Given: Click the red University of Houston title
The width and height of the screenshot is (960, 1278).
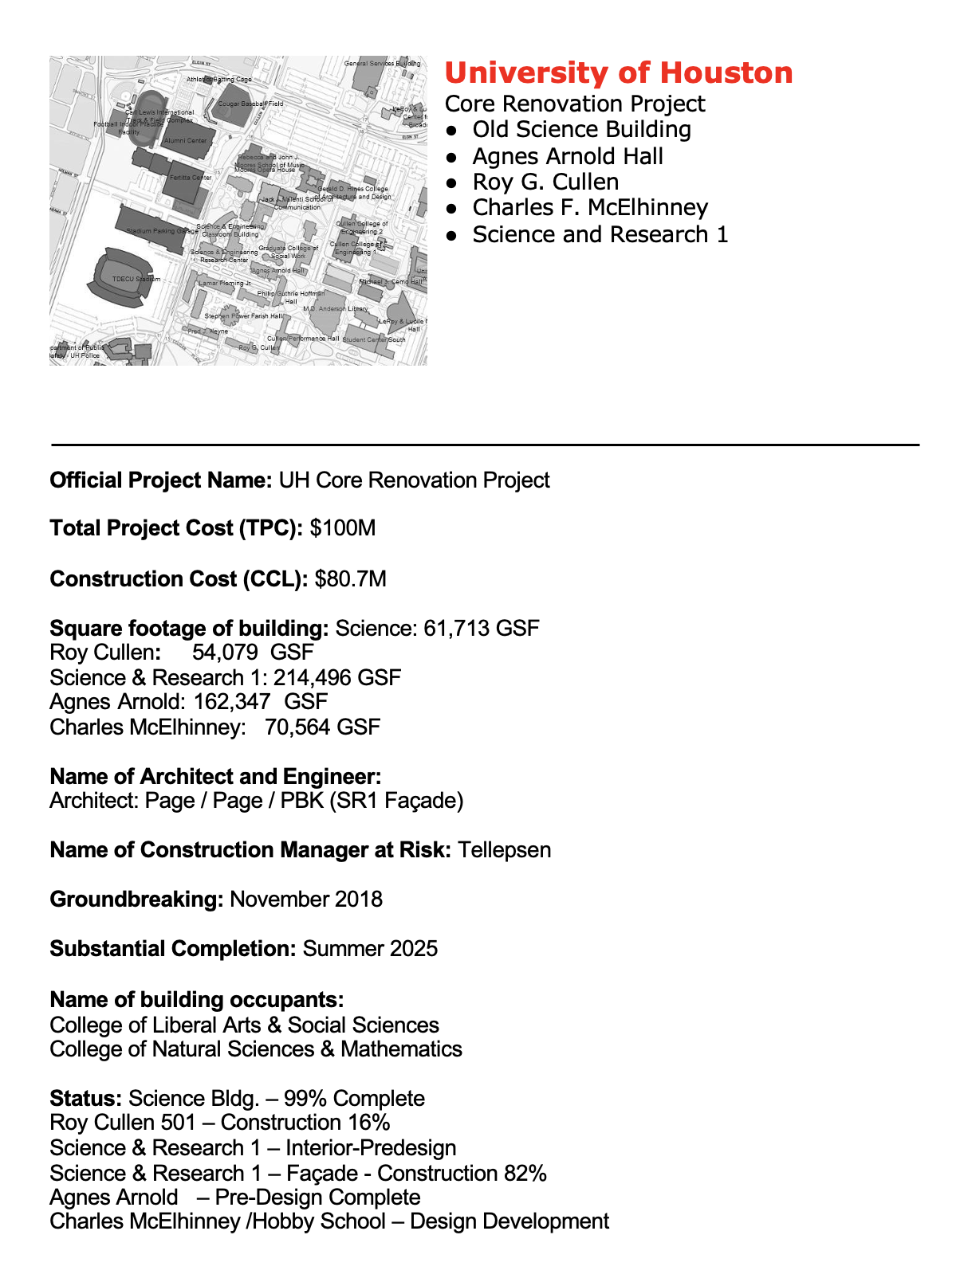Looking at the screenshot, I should coord(618,73).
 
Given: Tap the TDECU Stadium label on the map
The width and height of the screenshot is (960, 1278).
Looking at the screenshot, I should coord(136,280).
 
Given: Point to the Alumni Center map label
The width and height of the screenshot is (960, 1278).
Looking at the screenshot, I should coord(185,141).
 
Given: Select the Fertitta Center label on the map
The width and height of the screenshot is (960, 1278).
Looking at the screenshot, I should coord(191,178).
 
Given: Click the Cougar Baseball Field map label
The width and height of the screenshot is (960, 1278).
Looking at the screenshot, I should coord(250,104).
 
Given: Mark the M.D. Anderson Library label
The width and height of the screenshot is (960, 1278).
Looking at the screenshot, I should coord(335,308).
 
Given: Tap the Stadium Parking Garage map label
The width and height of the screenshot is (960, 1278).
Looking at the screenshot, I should coord(162,231).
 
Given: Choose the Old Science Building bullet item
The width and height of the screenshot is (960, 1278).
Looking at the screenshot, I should coord(581,130).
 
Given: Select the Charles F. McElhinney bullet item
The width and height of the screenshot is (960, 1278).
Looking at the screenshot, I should coord(590,208).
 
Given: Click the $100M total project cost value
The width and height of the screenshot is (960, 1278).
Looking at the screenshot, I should coord(343,528).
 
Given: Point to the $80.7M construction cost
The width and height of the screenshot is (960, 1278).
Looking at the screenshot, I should coord(351,579).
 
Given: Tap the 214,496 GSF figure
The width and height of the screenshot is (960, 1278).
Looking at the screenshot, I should coord(337,678).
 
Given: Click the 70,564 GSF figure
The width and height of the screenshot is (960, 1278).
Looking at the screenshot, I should coord(323,727).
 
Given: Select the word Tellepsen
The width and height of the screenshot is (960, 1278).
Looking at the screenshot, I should coord(504,850).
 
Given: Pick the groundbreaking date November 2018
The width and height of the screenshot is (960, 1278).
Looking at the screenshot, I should coord(306,900).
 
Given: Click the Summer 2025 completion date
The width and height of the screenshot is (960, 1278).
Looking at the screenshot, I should coord(370,949).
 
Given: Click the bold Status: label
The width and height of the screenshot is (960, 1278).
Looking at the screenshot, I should coord(85,1099).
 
